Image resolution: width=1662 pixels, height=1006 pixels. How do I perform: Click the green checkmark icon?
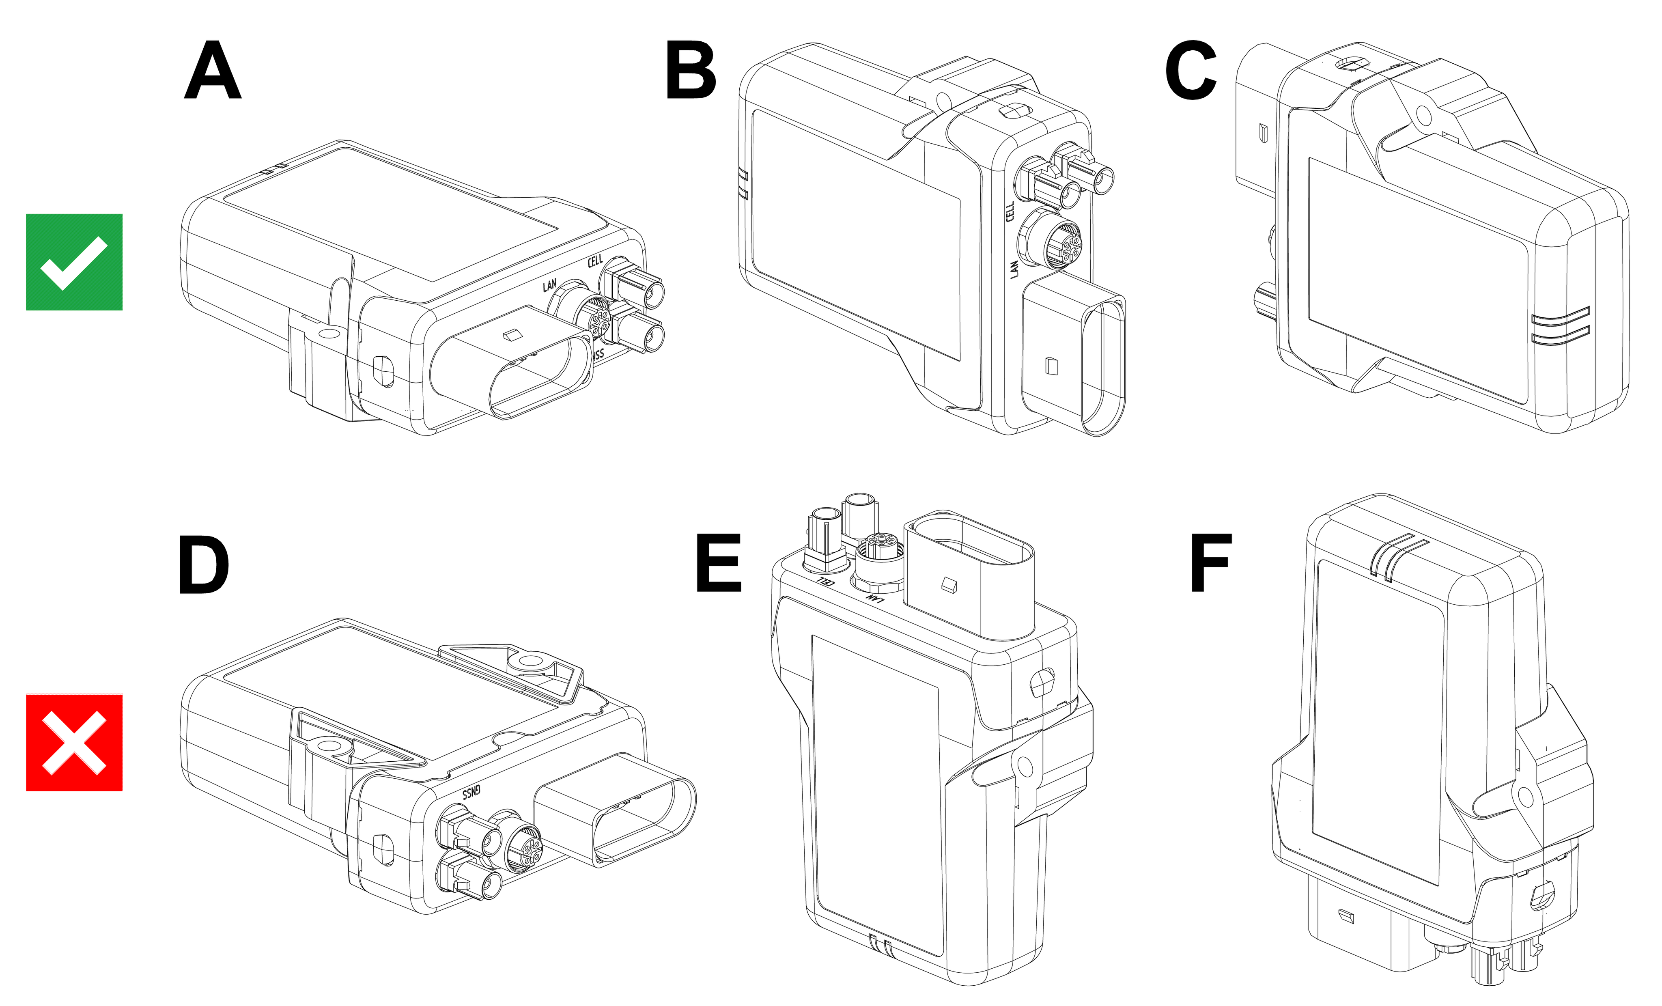click(74, 263)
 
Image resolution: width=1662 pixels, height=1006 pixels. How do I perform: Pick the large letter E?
click(719, 563)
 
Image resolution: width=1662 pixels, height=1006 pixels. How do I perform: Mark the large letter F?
click(1211, 563)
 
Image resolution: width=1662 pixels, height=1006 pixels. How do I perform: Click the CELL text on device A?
click(595, 261)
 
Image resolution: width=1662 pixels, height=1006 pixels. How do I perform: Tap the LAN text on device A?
click(550, 285)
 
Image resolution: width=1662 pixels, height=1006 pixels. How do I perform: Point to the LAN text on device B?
click(1014, 269)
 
